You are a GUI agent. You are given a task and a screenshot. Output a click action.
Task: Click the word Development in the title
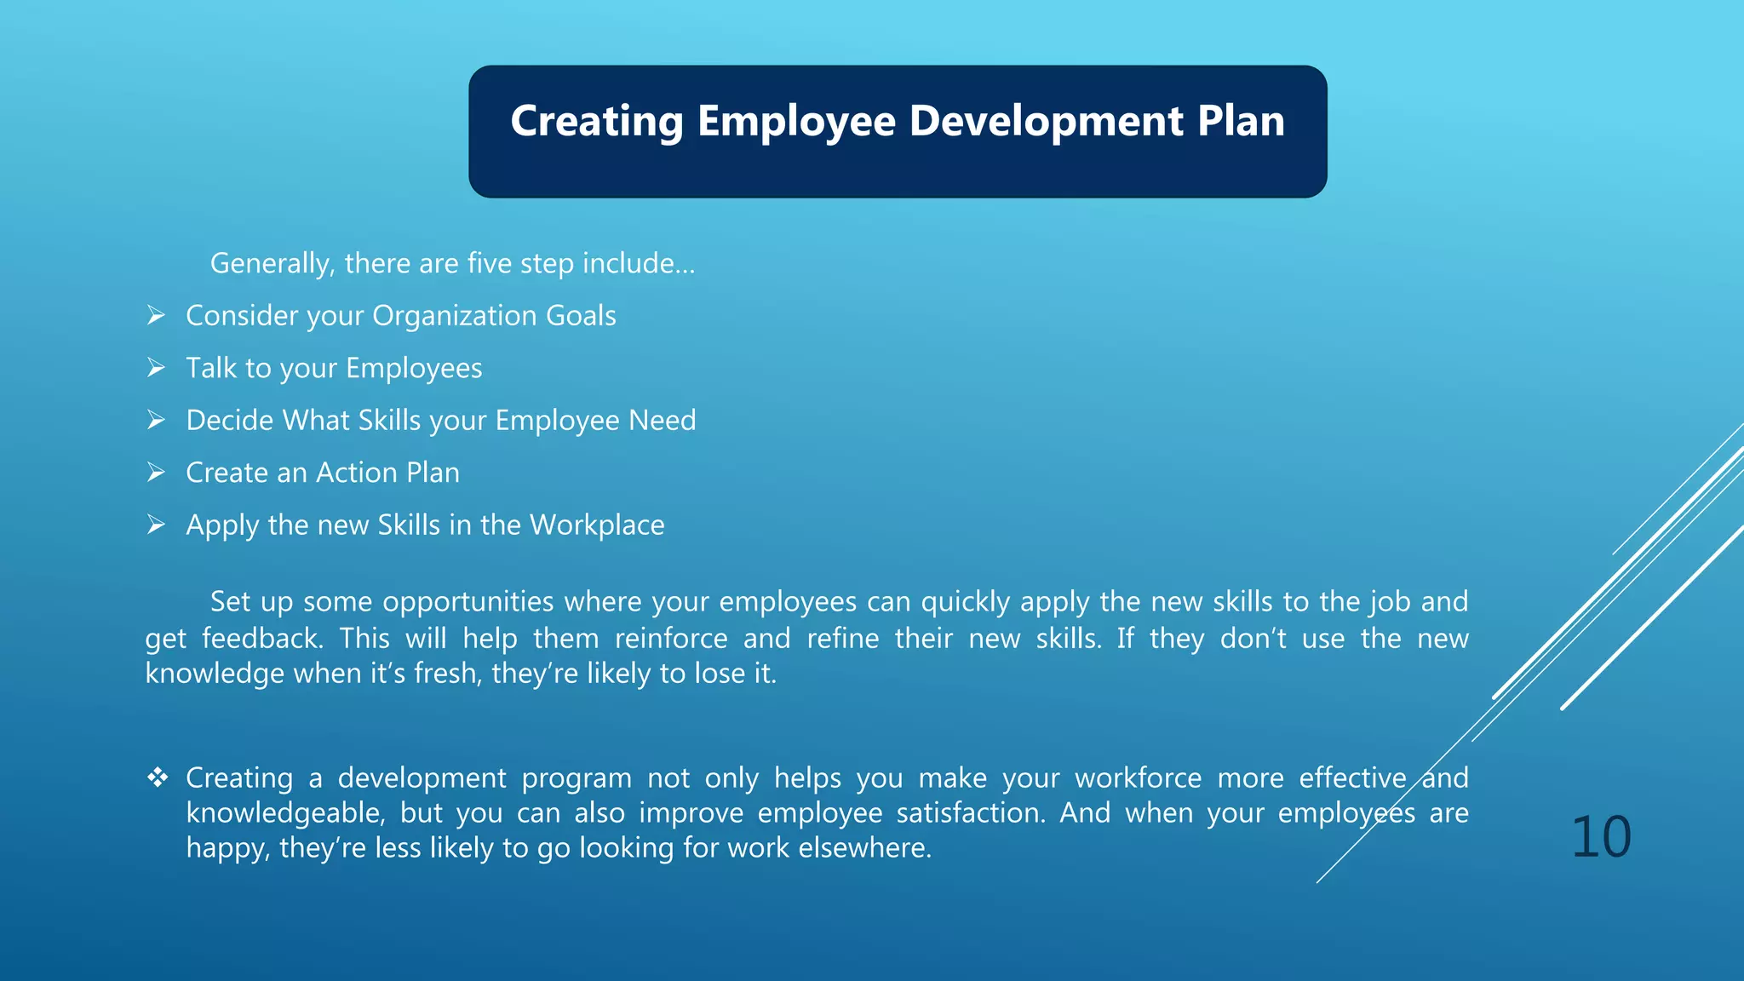click(x=1046, y=121)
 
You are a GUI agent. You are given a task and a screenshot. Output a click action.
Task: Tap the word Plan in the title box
click(x=1241, y=121)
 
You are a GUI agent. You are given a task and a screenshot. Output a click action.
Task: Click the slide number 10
click(x=1600, y=837)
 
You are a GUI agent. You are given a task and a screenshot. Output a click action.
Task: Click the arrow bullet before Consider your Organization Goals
click(x=156, y=316)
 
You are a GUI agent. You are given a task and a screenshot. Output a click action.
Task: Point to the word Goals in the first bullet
click(x=581, y=316)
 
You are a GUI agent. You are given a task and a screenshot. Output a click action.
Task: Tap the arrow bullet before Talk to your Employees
click(x=156, y=368)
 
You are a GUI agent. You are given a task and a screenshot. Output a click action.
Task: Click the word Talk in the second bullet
click(x=211, y=368)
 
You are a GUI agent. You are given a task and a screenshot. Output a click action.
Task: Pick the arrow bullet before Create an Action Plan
click(x=156, y=473)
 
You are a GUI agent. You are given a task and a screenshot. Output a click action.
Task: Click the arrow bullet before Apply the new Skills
click(x=156, y=525)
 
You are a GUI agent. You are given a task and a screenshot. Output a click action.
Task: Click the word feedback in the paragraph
click(x=262, y=639)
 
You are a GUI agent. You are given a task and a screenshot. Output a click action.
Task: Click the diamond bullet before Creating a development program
click(x=158, y=777)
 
